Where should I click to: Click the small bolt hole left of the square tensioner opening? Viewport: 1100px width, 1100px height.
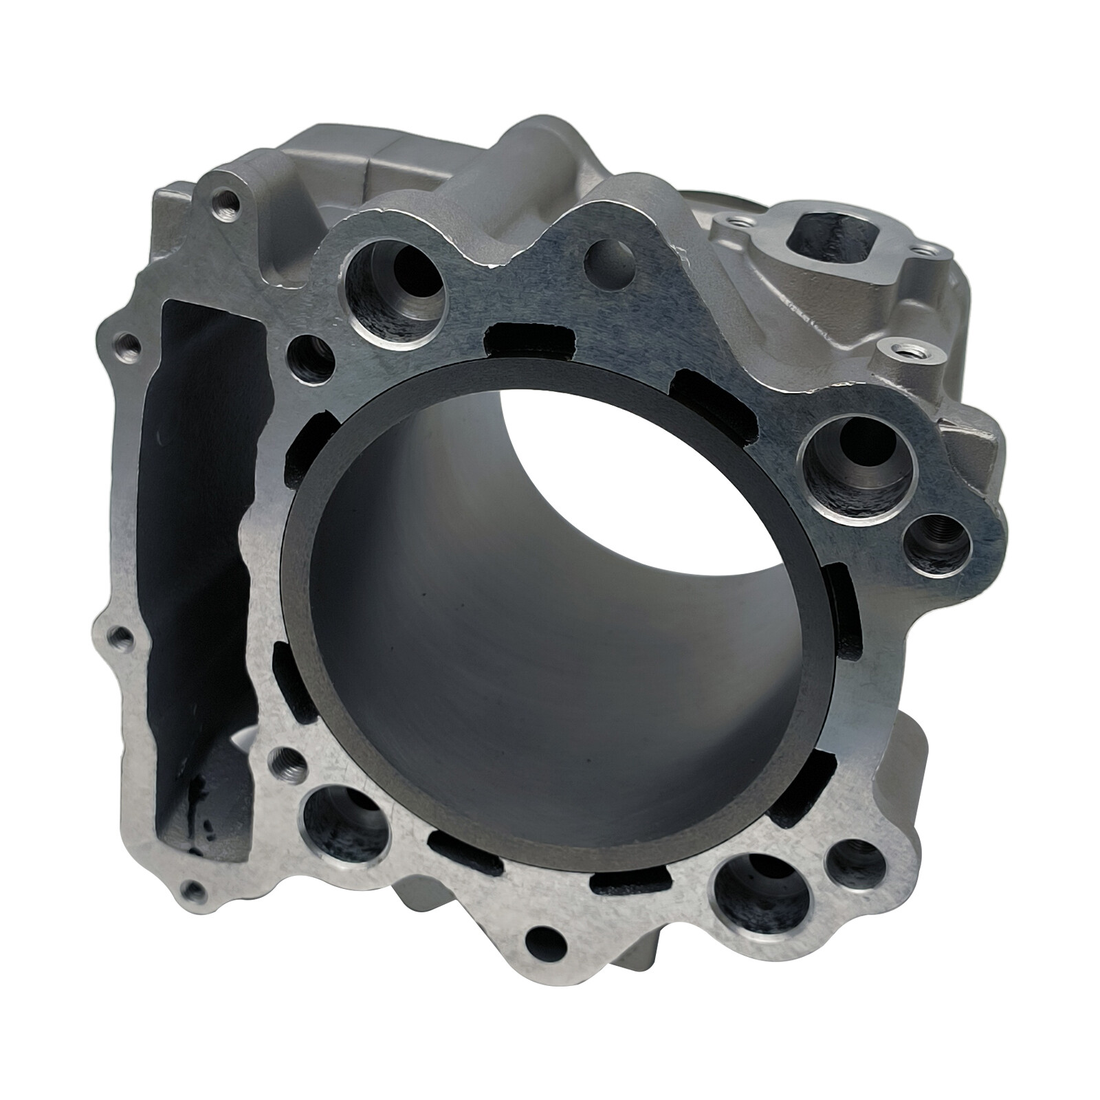[x=740, y=222]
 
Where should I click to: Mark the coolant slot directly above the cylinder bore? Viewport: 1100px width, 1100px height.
[x=529, y=340]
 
